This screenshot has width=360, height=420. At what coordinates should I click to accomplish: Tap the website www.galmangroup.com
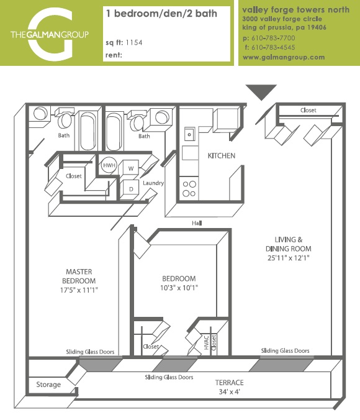coord(284,57)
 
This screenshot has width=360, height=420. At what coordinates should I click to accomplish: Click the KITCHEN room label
coord(221,155)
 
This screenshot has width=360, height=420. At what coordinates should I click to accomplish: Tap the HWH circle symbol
coord(109,167)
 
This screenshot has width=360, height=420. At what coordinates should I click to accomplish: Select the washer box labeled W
coord(130,168)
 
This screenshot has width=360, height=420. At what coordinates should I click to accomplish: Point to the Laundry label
coord(153,183)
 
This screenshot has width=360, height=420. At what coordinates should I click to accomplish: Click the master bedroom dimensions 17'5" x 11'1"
coord(79,290)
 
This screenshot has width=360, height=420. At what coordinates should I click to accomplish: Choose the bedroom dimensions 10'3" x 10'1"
coord(179,288)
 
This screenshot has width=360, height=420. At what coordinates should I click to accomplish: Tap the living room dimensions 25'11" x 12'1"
coord(289,257)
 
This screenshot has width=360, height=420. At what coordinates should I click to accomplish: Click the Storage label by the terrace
coord(48,385)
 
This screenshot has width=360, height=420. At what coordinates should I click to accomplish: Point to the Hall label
coord(197,223)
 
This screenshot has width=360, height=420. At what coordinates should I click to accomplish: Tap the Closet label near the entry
coord(308,111)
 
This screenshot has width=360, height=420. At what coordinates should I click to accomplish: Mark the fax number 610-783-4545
coord(272,47)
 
